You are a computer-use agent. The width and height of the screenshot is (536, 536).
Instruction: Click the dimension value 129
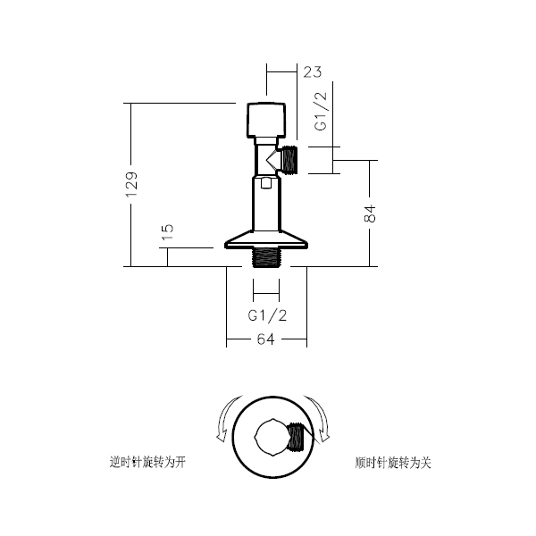(131, 184)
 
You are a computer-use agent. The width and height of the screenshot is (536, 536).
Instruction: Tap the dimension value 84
(370, 214)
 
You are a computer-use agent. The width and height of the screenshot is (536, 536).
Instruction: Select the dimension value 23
(313, 72)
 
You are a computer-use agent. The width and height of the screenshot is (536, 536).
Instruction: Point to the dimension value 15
(168, 232)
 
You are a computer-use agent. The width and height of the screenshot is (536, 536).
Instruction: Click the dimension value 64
(266, 339)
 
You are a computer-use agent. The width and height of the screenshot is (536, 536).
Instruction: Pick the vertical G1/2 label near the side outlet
(321, 112)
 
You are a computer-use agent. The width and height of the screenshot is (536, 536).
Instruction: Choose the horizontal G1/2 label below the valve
(267, 316)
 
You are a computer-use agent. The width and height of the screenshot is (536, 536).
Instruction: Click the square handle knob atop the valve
(266, 120)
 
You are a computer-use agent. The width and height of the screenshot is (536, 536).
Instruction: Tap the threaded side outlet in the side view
(289, 159)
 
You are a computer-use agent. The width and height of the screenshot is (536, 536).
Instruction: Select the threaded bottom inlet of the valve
(266, 258)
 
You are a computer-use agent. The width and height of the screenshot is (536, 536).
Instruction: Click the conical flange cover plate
(266, 239)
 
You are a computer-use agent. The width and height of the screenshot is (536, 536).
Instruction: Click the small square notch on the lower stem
(266, 182)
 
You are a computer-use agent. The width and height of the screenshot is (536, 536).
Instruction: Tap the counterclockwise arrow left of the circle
(227, 418)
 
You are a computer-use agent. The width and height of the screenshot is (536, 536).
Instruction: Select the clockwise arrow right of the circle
(318, 419)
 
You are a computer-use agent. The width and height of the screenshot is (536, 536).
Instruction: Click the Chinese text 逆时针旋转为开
(147, 463)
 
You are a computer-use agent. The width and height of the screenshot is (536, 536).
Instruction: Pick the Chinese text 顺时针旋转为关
(393, 463)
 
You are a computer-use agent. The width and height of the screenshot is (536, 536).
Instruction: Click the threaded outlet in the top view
(296, 437)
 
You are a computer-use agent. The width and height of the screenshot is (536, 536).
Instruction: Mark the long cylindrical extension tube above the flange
(266, 203)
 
